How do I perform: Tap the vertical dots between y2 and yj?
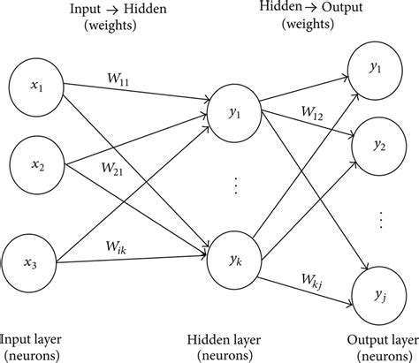click(x=380, y=216)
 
